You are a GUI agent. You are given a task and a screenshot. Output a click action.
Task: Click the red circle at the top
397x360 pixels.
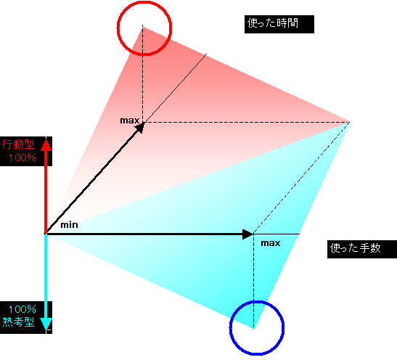pos(118,28)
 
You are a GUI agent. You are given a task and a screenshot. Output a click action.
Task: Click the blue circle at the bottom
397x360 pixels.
pos(230,327)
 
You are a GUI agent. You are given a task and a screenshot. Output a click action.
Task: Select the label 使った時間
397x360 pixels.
pos(273,23)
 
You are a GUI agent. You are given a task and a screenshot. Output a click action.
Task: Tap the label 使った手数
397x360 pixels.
pos(355,247)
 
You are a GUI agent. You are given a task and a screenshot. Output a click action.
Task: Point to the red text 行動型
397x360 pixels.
pos(18,144)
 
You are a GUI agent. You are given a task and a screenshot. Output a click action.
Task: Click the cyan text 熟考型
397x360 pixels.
pos(18,322)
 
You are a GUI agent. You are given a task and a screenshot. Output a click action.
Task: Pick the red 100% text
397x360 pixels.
pos(22,157)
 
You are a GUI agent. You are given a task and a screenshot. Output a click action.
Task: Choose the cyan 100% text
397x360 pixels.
pos(22,309)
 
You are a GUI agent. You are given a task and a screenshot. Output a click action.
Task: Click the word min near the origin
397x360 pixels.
pos(69,225)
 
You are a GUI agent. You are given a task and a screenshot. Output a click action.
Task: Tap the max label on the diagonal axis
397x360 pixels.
pos(130,120)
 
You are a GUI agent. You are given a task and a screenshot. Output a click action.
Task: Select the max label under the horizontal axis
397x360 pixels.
pos(271,243)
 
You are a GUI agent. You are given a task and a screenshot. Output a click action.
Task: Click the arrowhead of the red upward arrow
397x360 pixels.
pos(46,145)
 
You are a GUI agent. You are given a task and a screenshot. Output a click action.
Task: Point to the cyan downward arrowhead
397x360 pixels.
pos(46,324)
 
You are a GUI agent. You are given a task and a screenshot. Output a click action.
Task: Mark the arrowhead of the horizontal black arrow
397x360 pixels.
pos(248,234)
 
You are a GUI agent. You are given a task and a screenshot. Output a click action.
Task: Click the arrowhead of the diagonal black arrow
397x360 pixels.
pos(140,127)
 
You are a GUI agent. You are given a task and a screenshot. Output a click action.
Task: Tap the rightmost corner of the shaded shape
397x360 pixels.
pos(350,122)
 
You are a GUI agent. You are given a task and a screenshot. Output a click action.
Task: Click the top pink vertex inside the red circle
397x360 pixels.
pos(142,27)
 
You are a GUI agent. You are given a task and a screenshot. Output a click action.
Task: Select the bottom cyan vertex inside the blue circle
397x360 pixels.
pos(254,328)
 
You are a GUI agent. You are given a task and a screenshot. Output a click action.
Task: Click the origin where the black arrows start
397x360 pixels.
pos(46,234)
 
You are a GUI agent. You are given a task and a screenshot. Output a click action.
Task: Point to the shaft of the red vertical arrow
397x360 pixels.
pos(46,192)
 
